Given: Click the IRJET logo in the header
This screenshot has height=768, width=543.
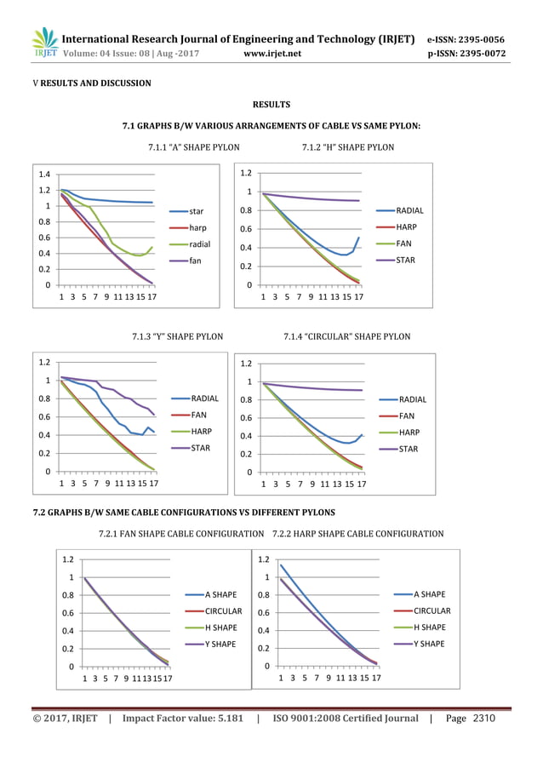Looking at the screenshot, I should pos(45,44).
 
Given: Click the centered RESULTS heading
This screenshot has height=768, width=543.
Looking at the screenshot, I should pos(272,105).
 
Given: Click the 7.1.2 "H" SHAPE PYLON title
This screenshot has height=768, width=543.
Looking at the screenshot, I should pos(348,147).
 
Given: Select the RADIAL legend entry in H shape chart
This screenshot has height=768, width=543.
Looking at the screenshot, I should pos(410,210).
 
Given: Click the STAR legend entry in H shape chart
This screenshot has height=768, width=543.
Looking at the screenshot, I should pos(406,260).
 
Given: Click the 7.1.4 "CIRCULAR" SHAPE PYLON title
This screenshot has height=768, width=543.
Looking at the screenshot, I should pos(346,336).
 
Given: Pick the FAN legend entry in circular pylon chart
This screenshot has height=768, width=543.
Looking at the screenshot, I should pos(407,416).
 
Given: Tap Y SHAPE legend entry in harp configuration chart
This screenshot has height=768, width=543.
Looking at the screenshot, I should pos(429,644).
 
